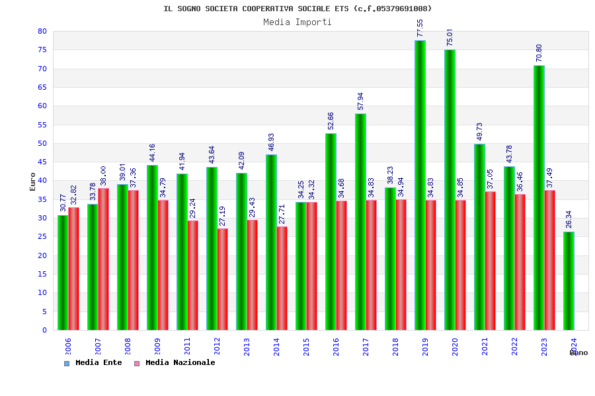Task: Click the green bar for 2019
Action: click(x=420, y=185)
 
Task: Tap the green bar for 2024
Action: click(x=569, y=280)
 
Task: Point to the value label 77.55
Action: click(x=420, y=28)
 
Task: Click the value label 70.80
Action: click(x=539, y=53)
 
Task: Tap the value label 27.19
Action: click(x=223, y=216)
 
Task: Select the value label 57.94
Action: click(x=361, y=101)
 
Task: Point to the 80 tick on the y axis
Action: click(x=42, y=31)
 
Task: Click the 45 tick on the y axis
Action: click(x=42, y=162)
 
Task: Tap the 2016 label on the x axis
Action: click(x=337, y=346)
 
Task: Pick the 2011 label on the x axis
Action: click(x=188, y=346)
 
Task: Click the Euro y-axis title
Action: click(x=33, y=181)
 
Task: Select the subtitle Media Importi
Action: click(x=297, y=22)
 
